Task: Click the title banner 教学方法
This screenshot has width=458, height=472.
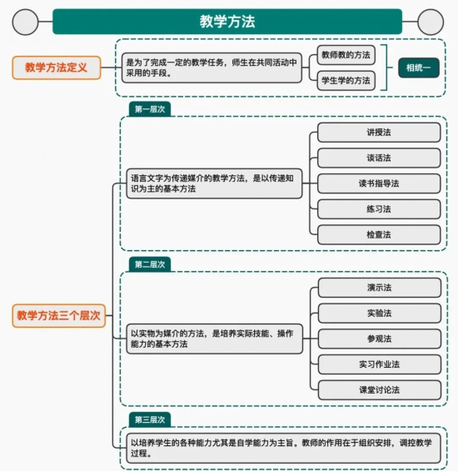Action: pyautogui.click(x=227, y=22)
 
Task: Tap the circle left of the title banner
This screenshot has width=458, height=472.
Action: pyautogui.click(x=25, y=22)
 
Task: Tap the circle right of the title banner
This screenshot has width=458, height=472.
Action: pyautogui.click(x=431, y=22)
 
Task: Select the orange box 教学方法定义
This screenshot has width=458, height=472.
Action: pyautogui.click(x=56, y=68)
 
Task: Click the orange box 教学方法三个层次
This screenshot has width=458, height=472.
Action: pyautogui.click(x=58, y=315)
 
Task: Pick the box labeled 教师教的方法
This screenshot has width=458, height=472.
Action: pyautogui.click(x=346, y=55)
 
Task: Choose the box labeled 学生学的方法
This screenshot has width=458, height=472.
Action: pyautogui.click(x=346, y=81)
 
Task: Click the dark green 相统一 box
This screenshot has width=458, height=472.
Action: pyautogui.click(x=419, y=68)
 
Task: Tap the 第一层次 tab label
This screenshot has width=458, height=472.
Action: pyautogui.click(x=150, y=109)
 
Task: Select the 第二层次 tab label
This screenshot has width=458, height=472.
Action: pyautogui.click(x=150, y=264)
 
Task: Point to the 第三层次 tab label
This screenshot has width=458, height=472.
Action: pyautogui.click(x=150, y=419)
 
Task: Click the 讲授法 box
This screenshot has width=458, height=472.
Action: pyautogui.click(x=379, y=132)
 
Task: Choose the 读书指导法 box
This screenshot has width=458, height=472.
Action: pyautogui.click(x=379, y=183)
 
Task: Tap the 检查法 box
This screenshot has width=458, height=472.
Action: pyautogui.click(x=379, y=234)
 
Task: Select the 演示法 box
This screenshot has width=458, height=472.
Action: pyautogui.click(x=380, y=288)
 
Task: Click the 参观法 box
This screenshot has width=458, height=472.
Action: pyautogui.click(x=380, y=339)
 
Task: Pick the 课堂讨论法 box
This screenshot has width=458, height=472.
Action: pyautogui.click(x=380, y=389)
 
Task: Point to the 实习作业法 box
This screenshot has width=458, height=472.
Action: pyautogui.click(x=380, y=364)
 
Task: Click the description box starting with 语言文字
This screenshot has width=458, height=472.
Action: pyautogui.click(x=214, y=183)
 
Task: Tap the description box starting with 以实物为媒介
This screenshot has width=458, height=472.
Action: pyautogui.click(x=215, y=339)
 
